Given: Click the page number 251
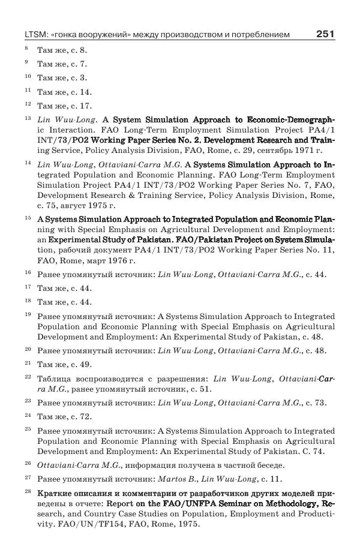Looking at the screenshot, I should pos(325,34).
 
